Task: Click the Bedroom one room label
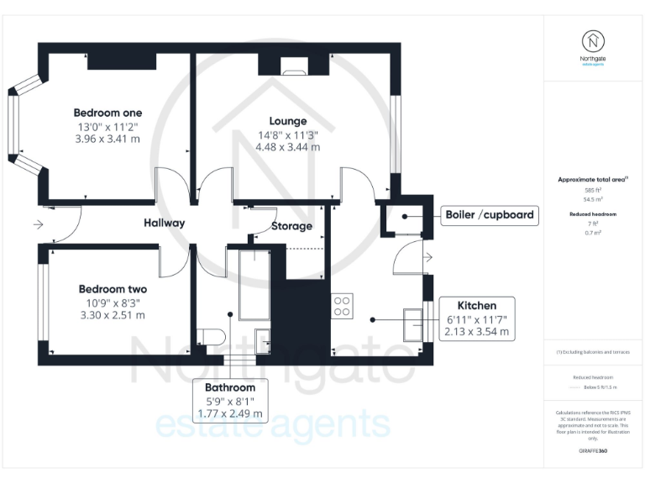pyautogui.click(x=107, y=113)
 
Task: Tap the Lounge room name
pyautogui.click(x=287, y=121)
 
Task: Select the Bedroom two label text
pyautogui.click(x=110, y=286)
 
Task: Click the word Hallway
pyautogui.click(x=164, y=223)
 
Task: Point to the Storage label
pyautogui.click(x=291, y=226)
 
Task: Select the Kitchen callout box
pyautogui.click(x=476, y=318)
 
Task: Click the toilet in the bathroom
pyautogui.click(x=211, y=337)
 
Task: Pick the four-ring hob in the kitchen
pyautogui.click(x=342, y=305)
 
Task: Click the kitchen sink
pyautogui.click(x=414, y=324)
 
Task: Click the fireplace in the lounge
pyautogui.click(x=295, y=66)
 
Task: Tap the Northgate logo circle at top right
pyautogui.click(x=593, y=40)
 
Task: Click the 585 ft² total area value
pyautogui.click(x=593, y=192)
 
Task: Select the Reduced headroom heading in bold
pyautogui.click(x=593, y=215)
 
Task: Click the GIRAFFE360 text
pyautogui.click(x=593, y=452)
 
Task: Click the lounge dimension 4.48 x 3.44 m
pyautogui.click(x=287, y=147)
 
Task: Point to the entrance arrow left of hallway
pyautogui.click(x=36, y=225)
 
